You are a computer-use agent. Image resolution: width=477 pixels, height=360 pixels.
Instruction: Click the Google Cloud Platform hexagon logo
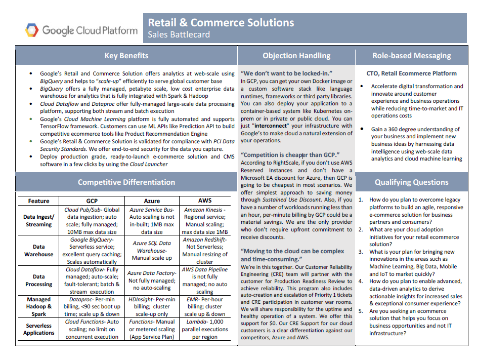pos(32,30)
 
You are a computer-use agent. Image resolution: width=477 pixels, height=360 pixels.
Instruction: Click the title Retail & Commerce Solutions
pos(221,23)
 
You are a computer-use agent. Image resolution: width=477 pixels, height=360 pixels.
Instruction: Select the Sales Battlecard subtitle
pos(179,35)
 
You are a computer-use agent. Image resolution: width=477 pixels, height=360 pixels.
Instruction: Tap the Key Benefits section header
pos(126,56)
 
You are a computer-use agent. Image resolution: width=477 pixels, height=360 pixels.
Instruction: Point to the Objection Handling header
pos(296,56)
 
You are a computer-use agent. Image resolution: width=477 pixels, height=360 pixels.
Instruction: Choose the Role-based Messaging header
pos(412,56)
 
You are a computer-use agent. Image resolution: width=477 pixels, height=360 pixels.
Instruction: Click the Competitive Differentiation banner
pos(126,182)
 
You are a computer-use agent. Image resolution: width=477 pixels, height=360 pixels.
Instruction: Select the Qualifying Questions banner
pos(412,182)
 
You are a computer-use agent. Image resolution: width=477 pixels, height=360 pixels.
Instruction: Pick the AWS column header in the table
pos(204,201)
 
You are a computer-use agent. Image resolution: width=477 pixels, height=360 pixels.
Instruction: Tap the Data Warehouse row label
pos(38,251)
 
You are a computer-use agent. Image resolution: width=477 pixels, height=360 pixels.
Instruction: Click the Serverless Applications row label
pos(38,329)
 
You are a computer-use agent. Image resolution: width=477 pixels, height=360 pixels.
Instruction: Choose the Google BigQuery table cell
pos(92,239)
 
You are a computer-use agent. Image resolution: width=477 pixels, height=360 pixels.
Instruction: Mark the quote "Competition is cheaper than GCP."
pos(289,154)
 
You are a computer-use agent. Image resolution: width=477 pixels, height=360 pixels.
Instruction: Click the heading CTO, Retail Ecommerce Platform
pos(411,73)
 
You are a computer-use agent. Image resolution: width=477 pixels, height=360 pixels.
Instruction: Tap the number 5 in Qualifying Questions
pos(361,311)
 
